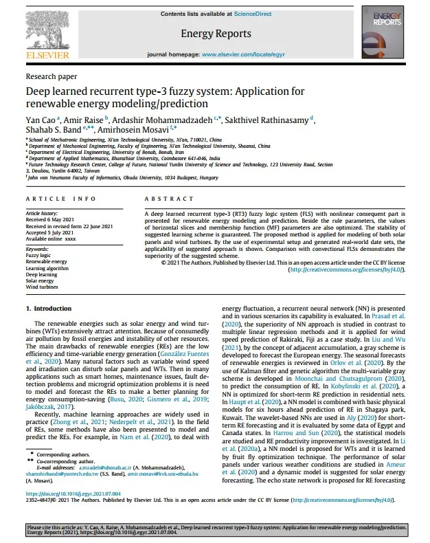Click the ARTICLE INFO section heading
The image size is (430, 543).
pos(60,199)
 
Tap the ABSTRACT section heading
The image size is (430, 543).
pos(165,199)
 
